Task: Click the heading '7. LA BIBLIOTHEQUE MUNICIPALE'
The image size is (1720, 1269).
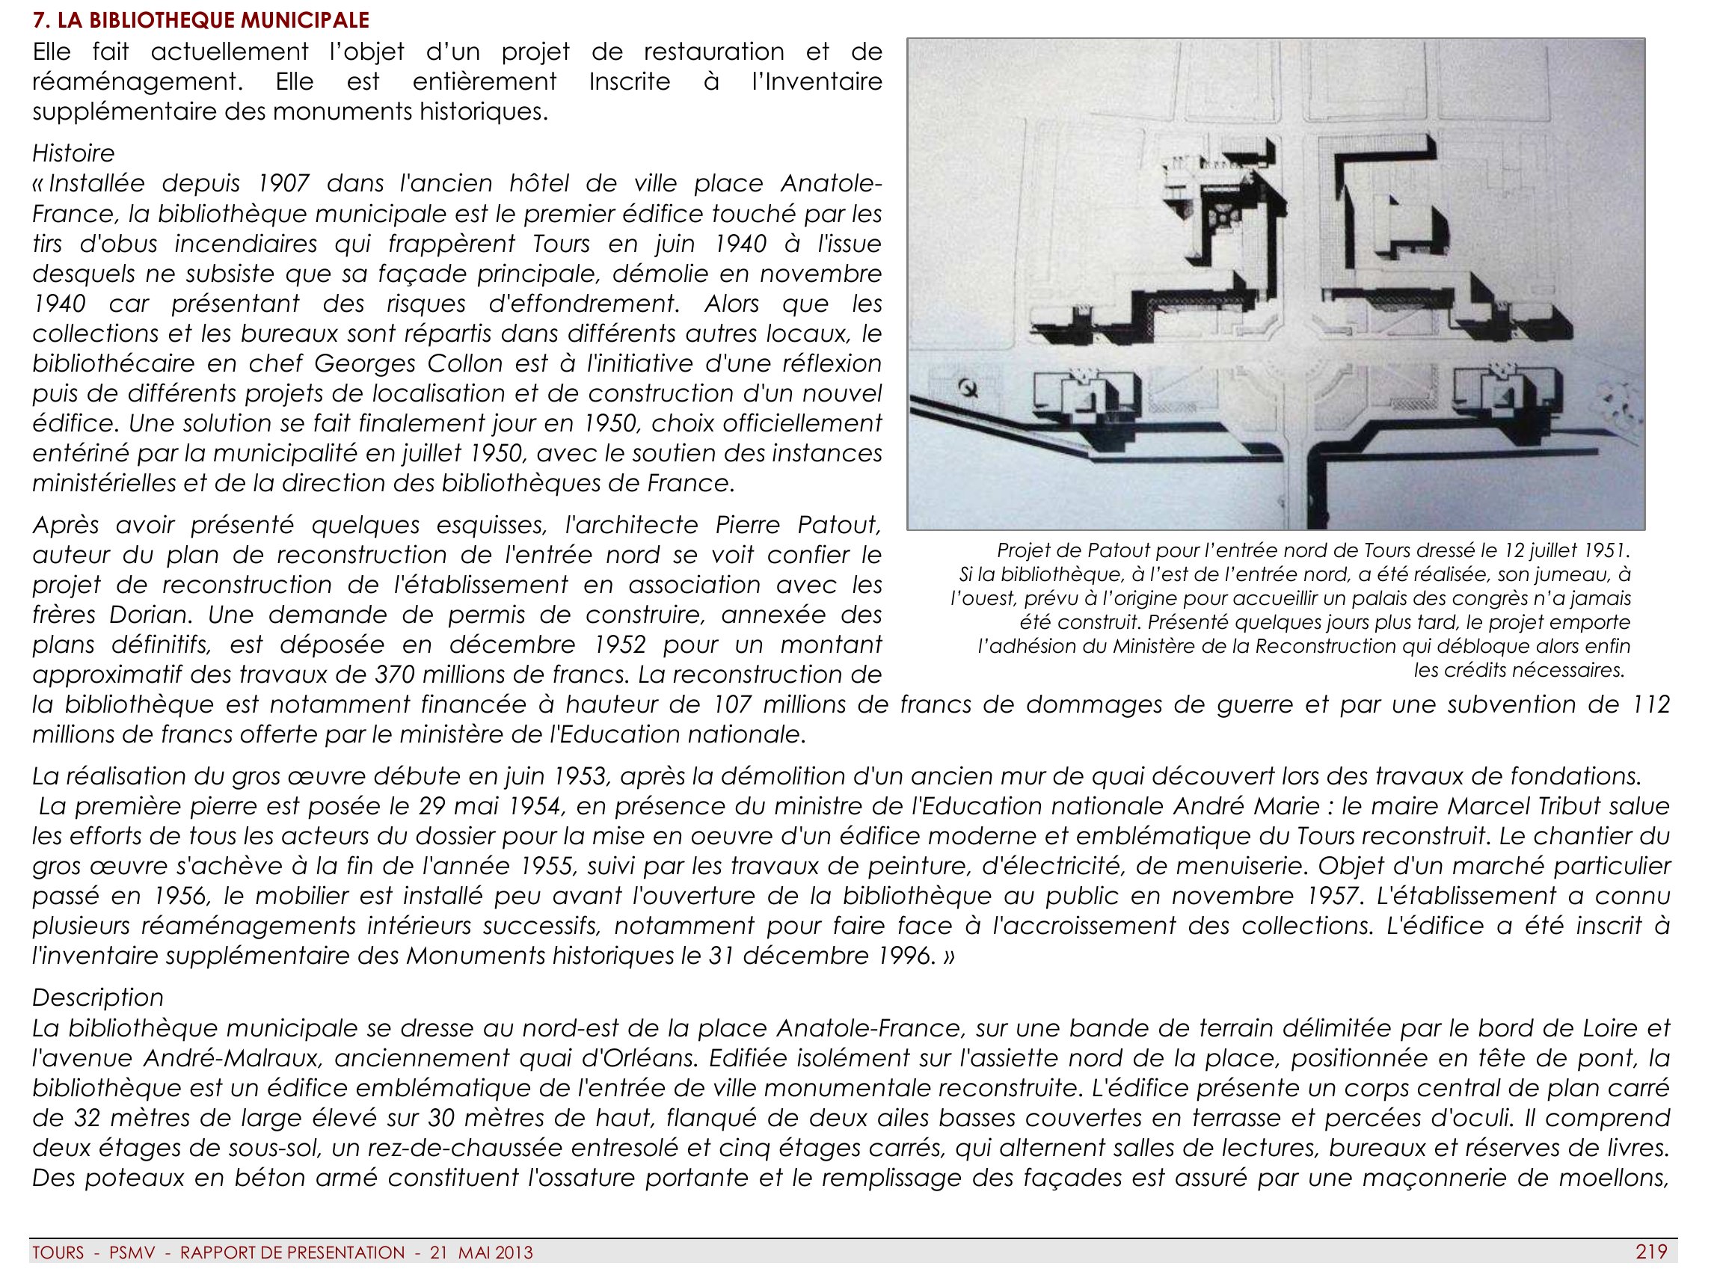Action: pos(200,20)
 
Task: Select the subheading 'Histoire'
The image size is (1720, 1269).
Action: pos(73,153)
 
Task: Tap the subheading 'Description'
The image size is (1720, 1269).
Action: pos(97,997)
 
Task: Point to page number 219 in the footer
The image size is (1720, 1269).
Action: pos(1651,1252)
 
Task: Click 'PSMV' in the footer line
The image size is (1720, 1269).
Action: pos(132,1253)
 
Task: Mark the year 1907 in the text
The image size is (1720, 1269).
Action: pos(283,184)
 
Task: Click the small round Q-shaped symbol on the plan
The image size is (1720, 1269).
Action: pos(969,388)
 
